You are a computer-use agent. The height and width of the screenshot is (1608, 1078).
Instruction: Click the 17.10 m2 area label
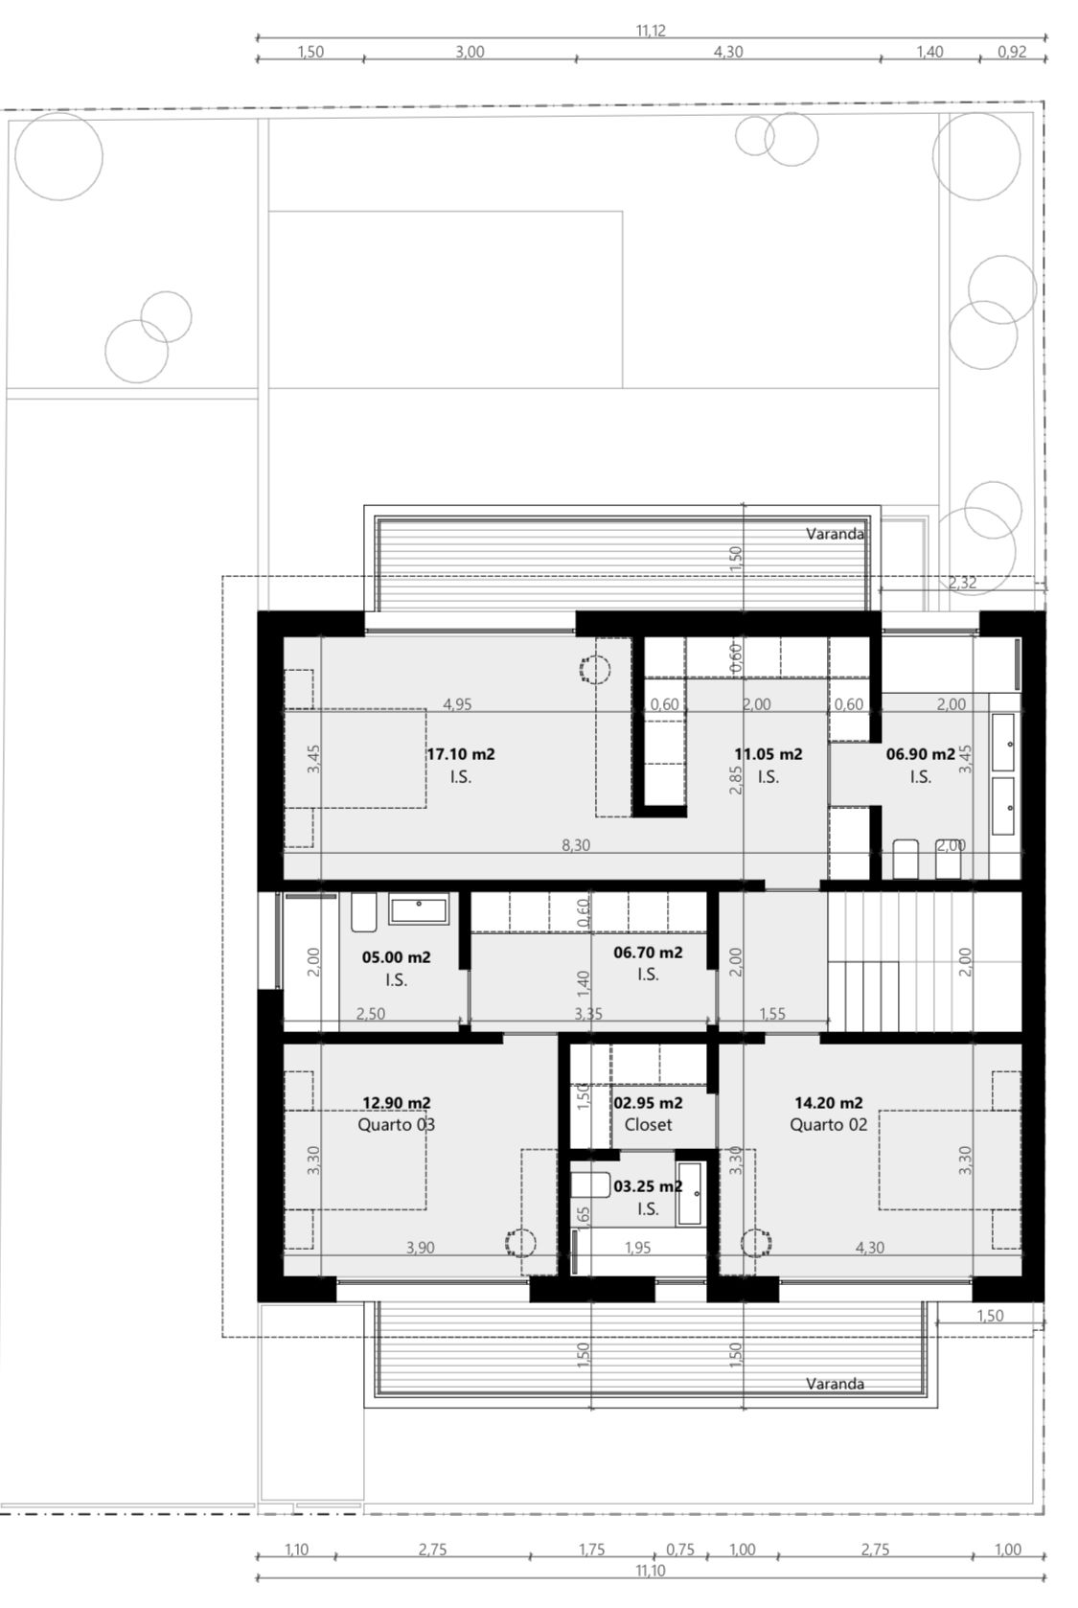click(461, 754)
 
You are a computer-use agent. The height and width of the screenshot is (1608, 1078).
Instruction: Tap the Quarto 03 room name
click(396, 1125)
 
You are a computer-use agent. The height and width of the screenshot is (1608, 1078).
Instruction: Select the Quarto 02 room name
click(828, 1125)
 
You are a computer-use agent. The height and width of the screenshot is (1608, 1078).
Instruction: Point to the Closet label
click(648, 1125)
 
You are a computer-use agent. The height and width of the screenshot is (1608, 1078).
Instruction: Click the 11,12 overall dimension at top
click(651, 31)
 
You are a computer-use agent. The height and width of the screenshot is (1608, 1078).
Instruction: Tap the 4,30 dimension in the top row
click(727, 53)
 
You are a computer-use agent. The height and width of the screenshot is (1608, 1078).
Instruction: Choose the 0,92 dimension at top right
click(1012, 53)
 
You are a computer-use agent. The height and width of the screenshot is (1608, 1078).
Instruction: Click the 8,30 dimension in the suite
click(576, 845)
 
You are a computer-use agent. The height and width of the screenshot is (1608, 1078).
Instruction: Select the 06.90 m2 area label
click(921, 754)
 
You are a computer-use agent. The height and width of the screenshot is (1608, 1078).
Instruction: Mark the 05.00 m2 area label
click(396, 957)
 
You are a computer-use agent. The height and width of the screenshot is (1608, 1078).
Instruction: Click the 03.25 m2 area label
click(648, 1186)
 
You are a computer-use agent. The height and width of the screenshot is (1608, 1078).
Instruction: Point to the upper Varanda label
click(835, 534)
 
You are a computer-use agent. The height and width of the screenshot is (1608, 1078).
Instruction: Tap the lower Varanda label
click(835, 1384)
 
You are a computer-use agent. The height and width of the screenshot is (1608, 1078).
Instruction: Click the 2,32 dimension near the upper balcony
click(962, 583)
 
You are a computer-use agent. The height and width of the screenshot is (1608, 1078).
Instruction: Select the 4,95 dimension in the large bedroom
click(457, 705)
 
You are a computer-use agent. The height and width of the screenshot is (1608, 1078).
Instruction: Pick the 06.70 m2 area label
click(648, 953)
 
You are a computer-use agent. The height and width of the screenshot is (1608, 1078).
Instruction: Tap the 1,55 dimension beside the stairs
click(772, 1014)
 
